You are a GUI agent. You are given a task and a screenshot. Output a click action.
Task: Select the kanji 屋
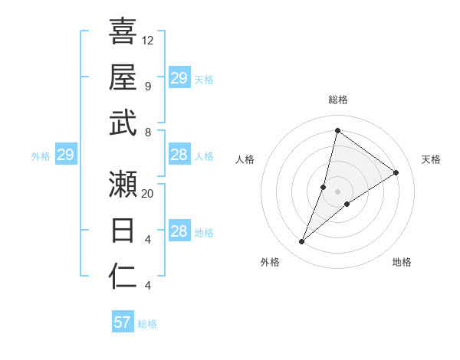click(x=123, y=77)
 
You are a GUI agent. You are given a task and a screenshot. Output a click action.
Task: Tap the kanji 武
click(x=123, y=123)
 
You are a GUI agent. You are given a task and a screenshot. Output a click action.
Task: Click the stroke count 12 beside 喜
click(x=148, y=40)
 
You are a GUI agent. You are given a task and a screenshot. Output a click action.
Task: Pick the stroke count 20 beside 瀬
click(x=148, y=194)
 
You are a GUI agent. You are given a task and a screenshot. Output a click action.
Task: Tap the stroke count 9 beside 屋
click(x=147, y=86)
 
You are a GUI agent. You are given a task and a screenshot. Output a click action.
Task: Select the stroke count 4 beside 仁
click(x=147, y=286)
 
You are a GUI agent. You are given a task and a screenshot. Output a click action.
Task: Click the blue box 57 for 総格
click(x=123, y=322)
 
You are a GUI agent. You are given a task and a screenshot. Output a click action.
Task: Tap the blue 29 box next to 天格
click(x=179, y=78)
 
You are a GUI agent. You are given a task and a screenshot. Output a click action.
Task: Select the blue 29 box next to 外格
click(x=65, y=155)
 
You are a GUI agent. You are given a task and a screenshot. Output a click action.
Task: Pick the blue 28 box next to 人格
click(x=179, y=155)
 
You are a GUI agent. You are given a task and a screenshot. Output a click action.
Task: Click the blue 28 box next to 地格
click(x=179, y=232)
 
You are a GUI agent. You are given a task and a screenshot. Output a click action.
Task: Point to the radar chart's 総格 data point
click(x=337, y=130)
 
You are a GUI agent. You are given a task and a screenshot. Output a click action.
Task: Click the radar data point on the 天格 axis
click(x=396, y=172)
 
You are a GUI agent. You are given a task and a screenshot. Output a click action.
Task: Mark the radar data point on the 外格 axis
click(x=302, y=242)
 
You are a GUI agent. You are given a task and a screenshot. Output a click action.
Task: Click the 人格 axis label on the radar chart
click(x=245, y=159)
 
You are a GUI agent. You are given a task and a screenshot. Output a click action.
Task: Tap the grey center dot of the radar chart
click(x=337, y=191)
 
